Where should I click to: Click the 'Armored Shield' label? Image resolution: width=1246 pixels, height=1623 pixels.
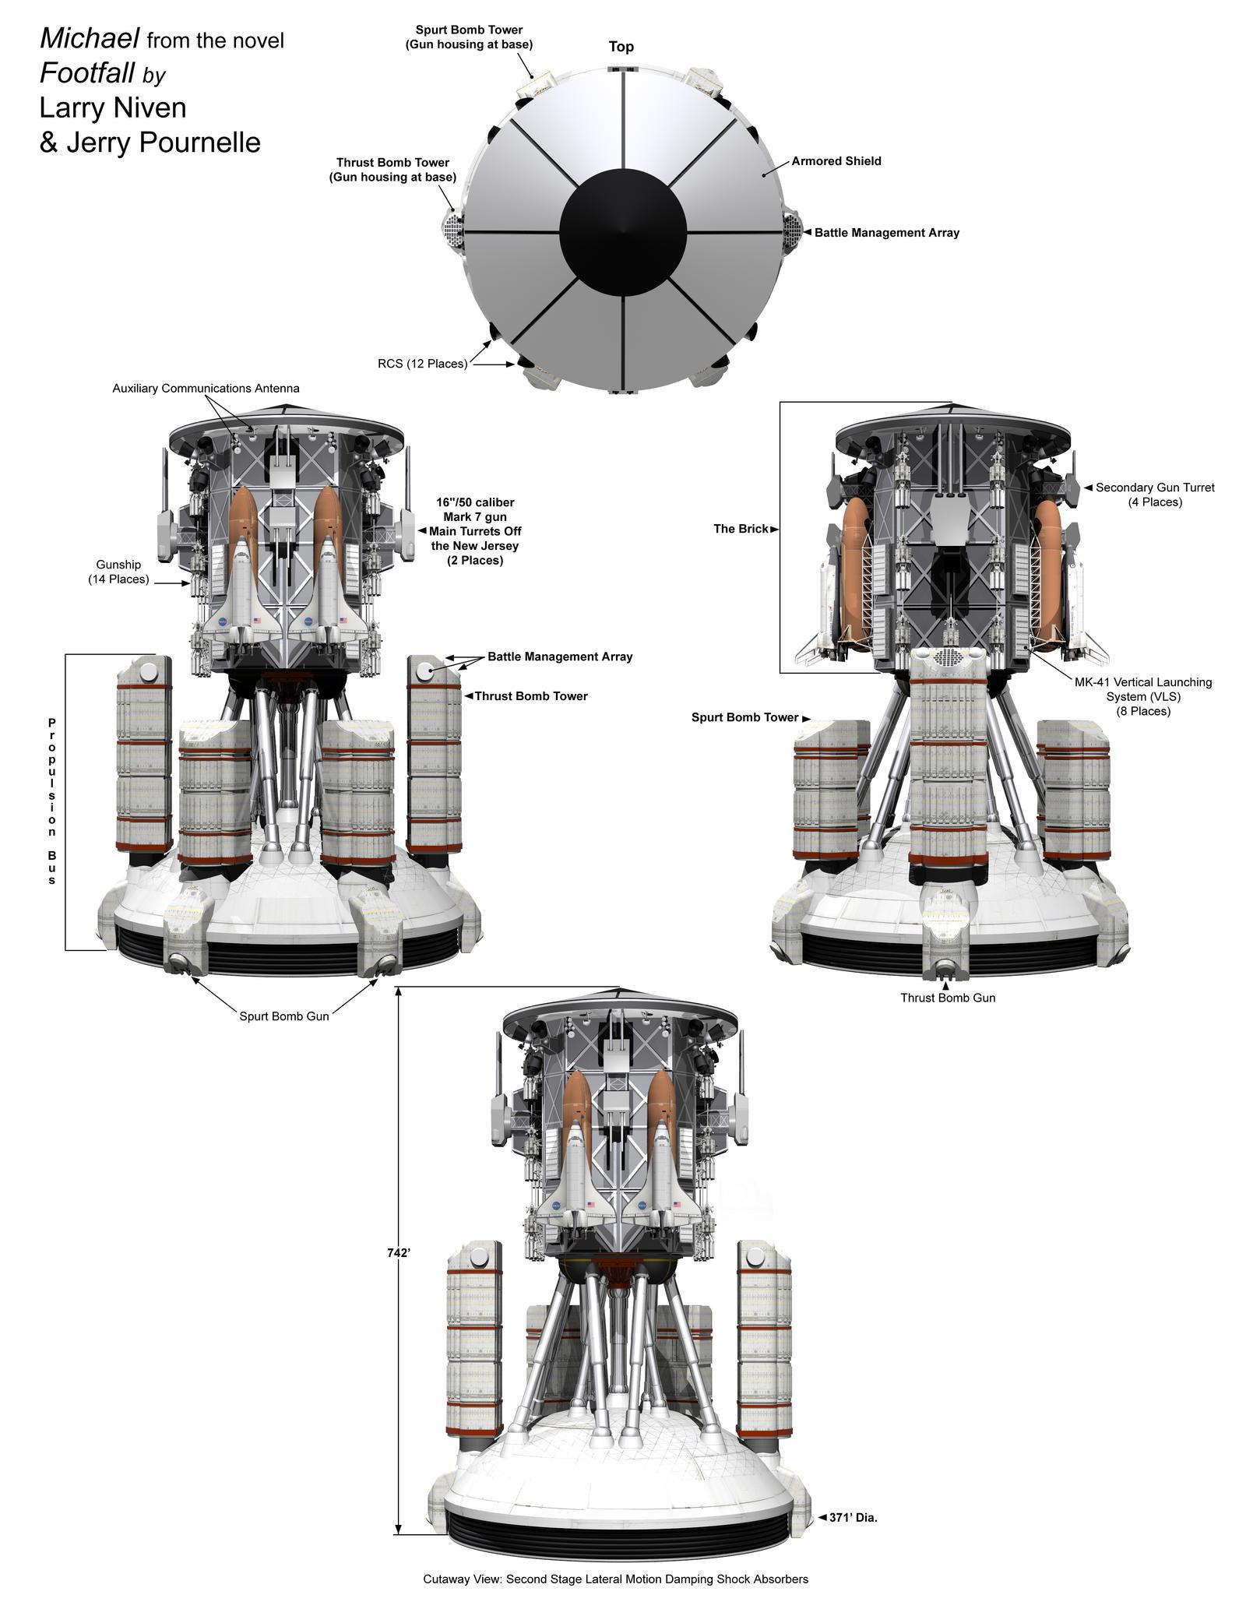click(x=836, y=161)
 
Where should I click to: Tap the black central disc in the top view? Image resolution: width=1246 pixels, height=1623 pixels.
click(x=623, y=232)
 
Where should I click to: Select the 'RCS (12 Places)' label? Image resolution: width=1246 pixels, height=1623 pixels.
click(x=422, y=364)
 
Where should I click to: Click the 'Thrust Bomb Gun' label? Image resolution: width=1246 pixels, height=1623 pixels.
click(x=947, y=998)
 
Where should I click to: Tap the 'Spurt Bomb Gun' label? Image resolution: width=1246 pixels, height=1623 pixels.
click(x=284, y=1016)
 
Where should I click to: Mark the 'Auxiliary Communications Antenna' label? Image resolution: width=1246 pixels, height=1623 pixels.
click(x=206, y=388)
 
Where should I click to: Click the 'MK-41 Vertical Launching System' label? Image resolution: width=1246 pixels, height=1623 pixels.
click(x=1142, y=696)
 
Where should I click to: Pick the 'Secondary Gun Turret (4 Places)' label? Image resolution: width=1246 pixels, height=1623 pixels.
click(x=1154, y=495)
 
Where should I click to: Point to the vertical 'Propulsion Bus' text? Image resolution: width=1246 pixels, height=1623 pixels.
click(x=51, y=801)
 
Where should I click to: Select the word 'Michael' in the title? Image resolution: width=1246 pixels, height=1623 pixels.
click(x=90, y=37)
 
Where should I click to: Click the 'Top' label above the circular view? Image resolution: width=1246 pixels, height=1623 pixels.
click(x=621, y=47)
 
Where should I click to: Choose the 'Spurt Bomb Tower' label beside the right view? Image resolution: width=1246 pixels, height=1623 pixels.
click(x=744, y=717)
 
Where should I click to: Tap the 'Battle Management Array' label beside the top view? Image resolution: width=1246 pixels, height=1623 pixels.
click(x=886, y=233)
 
